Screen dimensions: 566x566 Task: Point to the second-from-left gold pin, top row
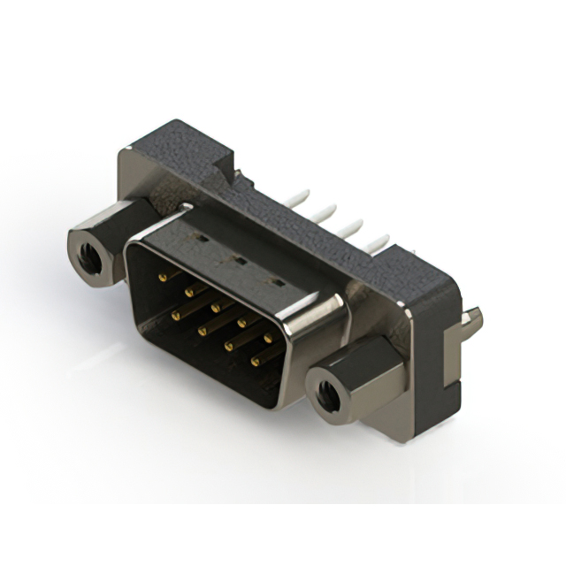coord(187,292)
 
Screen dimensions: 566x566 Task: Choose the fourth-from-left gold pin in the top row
coord(241,322)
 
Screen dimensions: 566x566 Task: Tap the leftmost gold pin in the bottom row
coord(173,313)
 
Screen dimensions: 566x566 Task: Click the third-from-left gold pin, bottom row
coord(228,345)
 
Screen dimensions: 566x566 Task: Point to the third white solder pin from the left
coord(356,224)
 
